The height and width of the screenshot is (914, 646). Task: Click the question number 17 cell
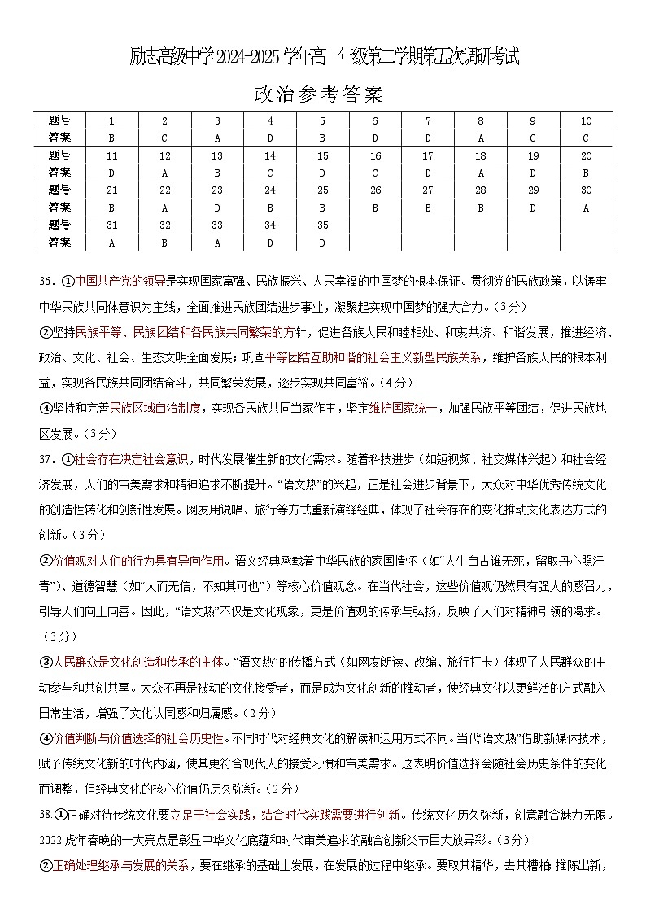pyautogui.click(x=428, y=155)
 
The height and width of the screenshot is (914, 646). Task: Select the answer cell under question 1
pyautogui.click(x=111, y=138)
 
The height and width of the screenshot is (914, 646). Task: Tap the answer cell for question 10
pyautogui.click(x=585, y=138)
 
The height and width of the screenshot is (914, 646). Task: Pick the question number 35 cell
pyautogui.click(x=322, y=225)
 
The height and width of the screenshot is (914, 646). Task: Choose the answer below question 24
pyautogui.click(x=270, y=208)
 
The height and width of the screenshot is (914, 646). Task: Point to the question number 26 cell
pyautogui.click(x=375, y=190)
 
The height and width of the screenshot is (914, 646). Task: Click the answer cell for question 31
pyautogui.click(x=111, y=243)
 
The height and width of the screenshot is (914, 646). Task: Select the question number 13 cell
pyautogui.click(x=217, y=155)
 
